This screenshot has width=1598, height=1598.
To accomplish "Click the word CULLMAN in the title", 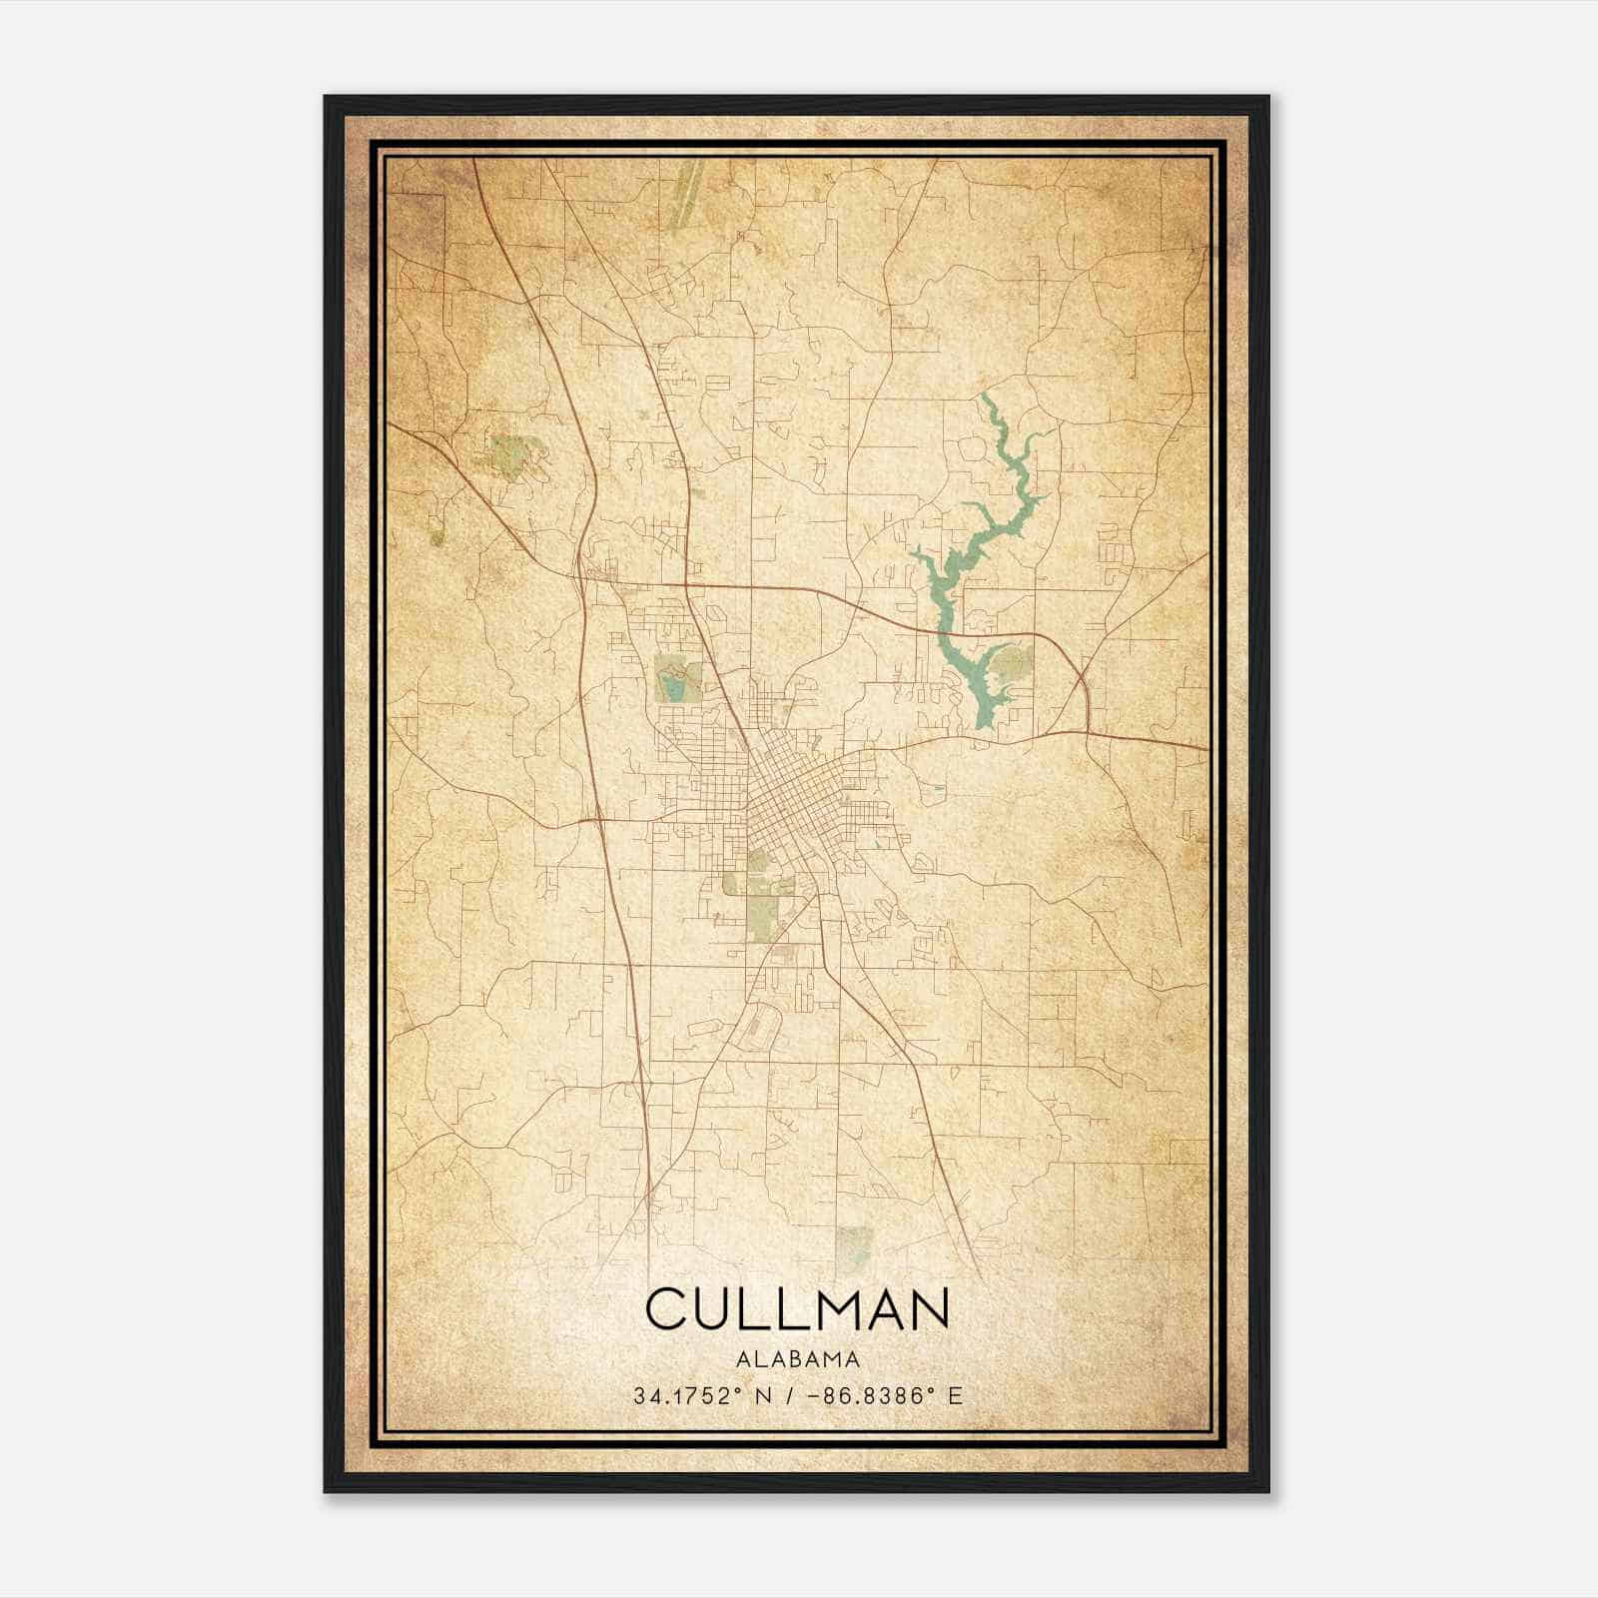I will coord(797,1309).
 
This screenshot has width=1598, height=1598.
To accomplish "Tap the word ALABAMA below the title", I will coord(798,1359).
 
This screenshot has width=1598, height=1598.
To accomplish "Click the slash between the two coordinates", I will coord(792,1395).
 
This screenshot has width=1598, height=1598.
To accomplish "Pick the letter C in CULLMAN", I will coord(666,1309).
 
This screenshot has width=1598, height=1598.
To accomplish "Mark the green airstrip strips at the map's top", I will coord(686,185).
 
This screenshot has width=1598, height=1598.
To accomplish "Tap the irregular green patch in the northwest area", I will coord(510,454).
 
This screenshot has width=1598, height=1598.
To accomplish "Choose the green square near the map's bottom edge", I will coord(853,1243).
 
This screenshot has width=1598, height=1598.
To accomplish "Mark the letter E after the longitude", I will coord(956,1395).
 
